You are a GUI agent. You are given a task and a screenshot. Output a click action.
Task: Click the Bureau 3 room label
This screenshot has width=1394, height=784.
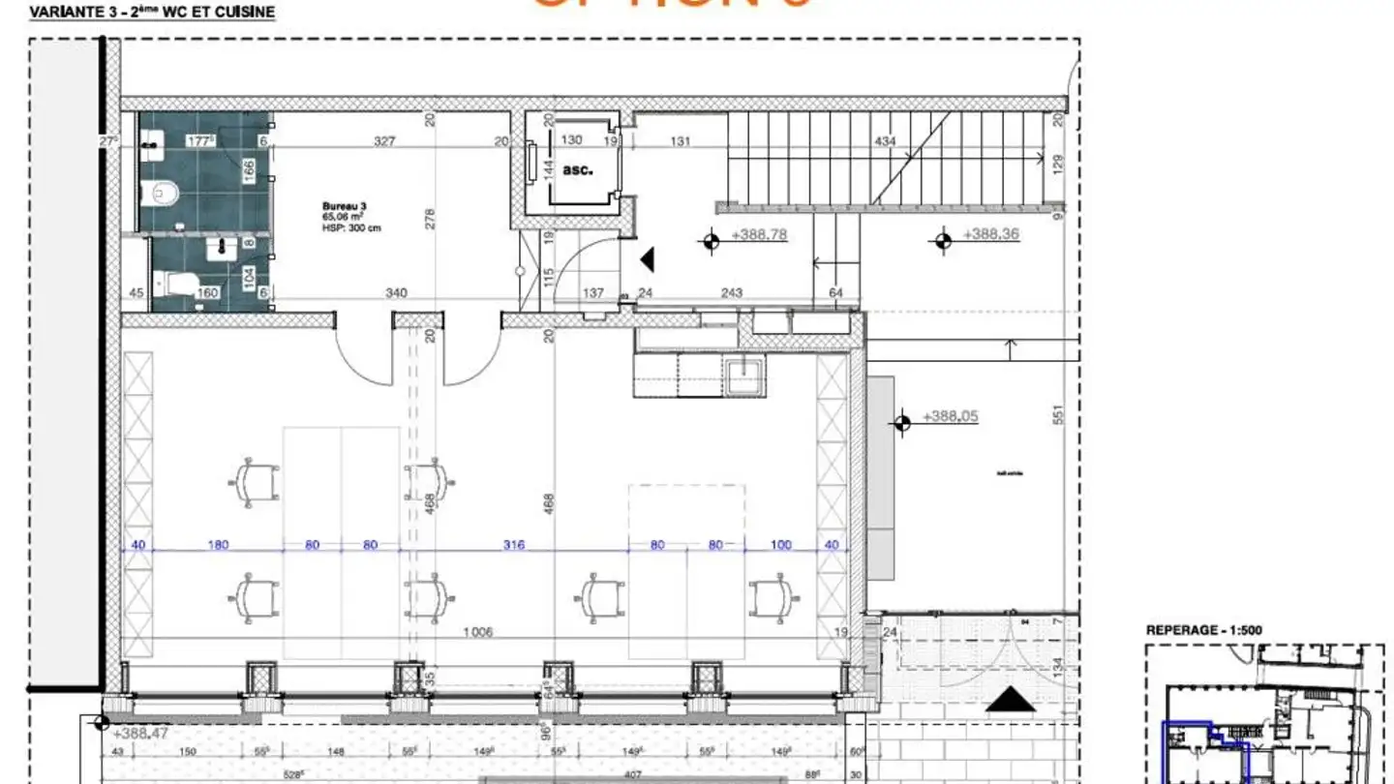[346, 207]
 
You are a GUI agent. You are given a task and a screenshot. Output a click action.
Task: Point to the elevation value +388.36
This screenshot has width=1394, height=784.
[990, 234]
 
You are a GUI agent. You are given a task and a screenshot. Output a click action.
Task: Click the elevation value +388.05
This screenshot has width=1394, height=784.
[950, 416]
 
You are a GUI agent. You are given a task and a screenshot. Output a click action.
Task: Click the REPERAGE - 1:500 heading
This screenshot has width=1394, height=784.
[1203, 630]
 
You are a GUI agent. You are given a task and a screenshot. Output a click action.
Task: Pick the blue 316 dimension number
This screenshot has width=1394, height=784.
[513, 545]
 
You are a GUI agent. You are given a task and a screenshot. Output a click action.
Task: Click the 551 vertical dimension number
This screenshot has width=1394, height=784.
[1058, 415]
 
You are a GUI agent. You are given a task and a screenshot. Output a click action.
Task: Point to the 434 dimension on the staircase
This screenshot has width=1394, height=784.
[885, 141]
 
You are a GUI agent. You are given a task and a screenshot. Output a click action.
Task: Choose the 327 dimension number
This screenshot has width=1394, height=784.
[384, 141]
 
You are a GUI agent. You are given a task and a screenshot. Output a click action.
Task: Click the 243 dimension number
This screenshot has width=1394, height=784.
[731, 293]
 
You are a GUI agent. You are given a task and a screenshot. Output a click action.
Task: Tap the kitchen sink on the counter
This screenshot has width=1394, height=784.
[744, 375]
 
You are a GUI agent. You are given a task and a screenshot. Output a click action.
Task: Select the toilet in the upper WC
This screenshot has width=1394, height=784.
[161, 195]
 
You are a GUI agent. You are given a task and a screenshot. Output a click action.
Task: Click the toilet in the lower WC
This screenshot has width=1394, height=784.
[179, 284]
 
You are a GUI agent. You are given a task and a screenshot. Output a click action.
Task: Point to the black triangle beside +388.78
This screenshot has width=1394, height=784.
[648, 258]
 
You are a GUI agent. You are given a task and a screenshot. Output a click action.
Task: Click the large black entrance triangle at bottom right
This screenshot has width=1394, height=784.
[1010, 699]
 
